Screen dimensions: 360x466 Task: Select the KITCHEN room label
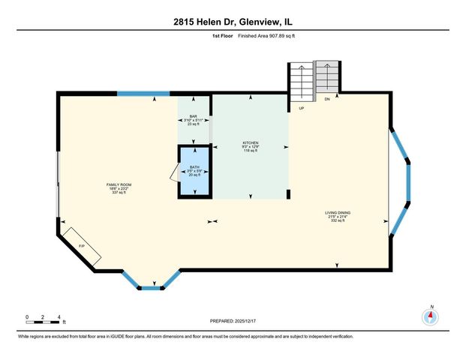250,142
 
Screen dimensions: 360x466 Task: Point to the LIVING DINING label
338,213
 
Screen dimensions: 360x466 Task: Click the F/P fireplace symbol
81,246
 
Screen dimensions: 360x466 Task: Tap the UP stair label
302,108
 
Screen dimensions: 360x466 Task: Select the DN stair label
327,99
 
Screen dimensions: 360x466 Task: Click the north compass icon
431,316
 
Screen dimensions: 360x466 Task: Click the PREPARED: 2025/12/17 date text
233,320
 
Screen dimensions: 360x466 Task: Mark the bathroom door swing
173,174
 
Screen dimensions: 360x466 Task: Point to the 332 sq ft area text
338,221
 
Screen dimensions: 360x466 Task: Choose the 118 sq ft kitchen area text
250,151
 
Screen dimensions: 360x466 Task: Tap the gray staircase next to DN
326,76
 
